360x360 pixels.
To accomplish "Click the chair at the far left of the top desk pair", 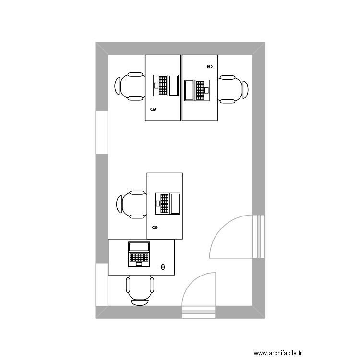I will click(130, 87).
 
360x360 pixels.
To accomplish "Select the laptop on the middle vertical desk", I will click(168, 203).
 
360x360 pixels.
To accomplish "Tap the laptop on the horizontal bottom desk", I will click(139, 254).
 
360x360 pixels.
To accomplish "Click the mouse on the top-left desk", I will click(154, 109).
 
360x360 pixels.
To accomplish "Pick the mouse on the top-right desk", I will click(209, 66).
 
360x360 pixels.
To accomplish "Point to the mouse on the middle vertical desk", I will click(155, 227).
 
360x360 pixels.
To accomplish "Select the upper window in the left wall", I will click(102, 132).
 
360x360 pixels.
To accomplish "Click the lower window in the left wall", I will click(102, 284).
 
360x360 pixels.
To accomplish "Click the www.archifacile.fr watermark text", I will click(278, 353).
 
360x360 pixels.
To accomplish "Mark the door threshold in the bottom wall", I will click(199, 312).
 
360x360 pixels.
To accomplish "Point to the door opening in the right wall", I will click(259, 236).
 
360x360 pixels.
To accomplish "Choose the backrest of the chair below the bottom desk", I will click(140, 302).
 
